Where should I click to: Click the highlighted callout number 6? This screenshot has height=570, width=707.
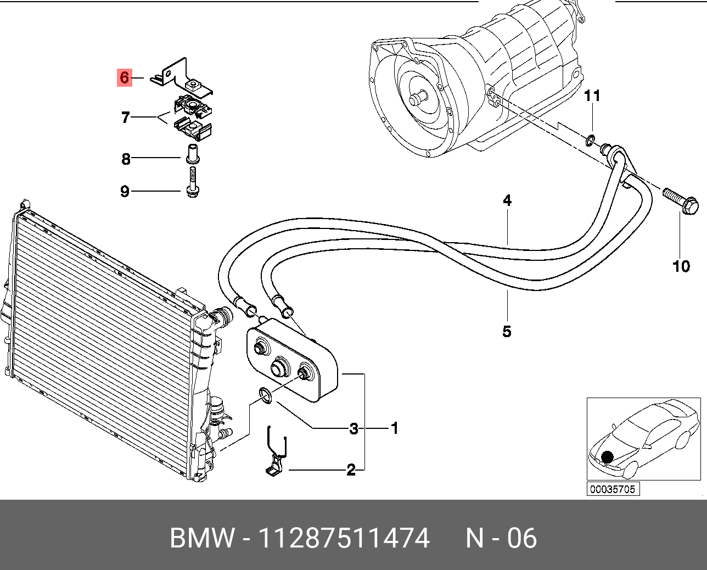click(x=125, y=78)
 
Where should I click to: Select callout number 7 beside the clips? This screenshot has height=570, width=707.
click(x=126, y=117)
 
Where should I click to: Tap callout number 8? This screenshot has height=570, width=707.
click(x=126, y=159)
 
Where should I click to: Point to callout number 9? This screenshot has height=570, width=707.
click(x=125, y=191)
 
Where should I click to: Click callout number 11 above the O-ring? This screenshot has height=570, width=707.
click(x=592, y=96)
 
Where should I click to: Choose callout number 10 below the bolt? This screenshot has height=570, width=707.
click(x=681, y=266)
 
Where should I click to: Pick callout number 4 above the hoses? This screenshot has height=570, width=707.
click(x=507, y=200)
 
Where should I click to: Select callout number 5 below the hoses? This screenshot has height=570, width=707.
click(x=507, y=331)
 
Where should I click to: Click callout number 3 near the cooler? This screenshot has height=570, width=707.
click(x=354, y=428)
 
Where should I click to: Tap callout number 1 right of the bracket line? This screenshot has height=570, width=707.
click(x=394, y=428)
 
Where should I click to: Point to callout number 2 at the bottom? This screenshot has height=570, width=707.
click(x=351, y=470)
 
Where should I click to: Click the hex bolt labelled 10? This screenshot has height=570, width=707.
click(x=681, y=202)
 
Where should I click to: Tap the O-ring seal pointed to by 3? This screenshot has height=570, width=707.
click(x=265, y=395)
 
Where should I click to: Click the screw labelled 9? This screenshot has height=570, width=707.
click(x=193, y=182)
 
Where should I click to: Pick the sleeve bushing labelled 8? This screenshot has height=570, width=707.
click(x=192, y=153)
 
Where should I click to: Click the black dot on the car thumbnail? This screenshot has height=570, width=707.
click(x=607, y=457)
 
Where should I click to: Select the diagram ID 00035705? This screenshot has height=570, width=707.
click(x=613, y=489)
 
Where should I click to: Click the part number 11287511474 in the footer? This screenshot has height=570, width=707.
click(x=344, y=538)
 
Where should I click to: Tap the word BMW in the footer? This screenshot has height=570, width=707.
click(x=202, y=538)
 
